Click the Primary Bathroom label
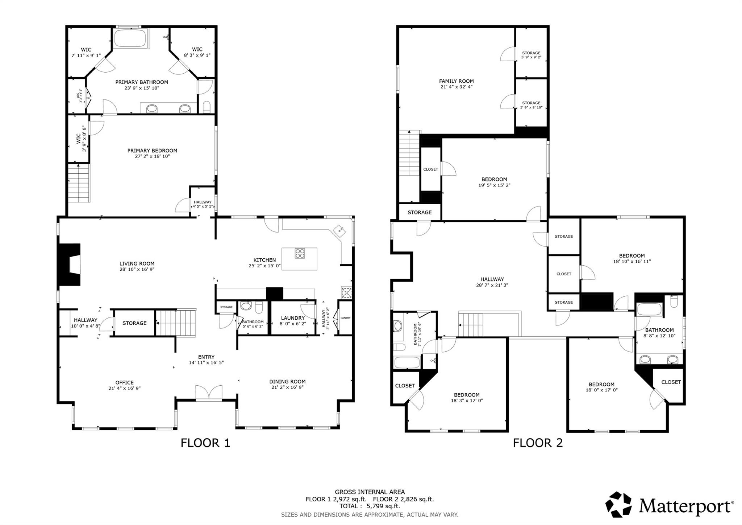(142, 82)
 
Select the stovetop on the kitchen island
(300, 253)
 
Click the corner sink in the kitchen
(339, 230)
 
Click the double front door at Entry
(209, 393)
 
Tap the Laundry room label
(292, 318)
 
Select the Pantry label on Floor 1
(345, 318)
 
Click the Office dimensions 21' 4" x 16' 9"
(124, 388)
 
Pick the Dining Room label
(287, 382)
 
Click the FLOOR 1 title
(205, 443)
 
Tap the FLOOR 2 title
(538, 443)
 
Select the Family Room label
(456, 81)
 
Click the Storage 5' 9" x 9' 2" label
(531, 55)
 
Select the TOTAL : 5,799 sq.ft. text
(370, 506)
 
